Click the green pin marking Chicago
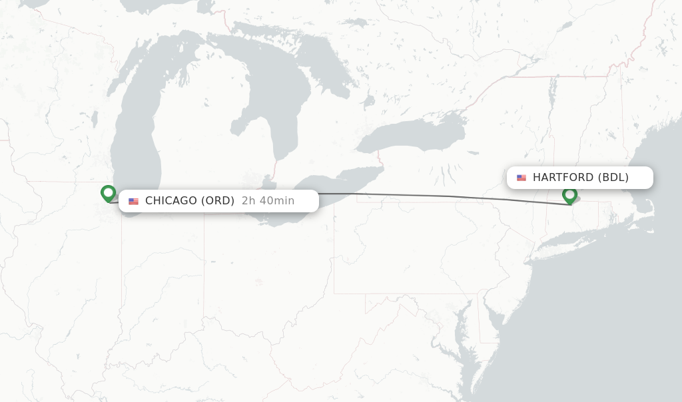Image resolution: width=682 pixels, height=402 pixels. (108, 193)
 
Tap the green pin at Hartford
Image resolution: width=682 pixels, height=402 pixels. (569, 195)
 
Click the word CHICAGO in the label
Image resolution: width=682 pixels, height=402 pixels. (170, 200)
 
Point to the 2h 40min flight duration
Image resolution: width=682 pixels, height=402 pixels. (268, 200)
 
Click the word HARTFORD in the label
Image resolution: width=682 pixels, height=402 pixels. (563, 177)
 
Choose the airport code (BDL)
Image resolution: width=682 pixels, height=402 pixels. (613, 177)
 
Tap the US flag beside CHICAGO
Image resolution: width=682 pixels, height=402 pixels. (134, 201)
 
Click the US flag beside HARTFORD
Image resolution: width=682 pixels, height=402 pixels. (521, 178)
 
